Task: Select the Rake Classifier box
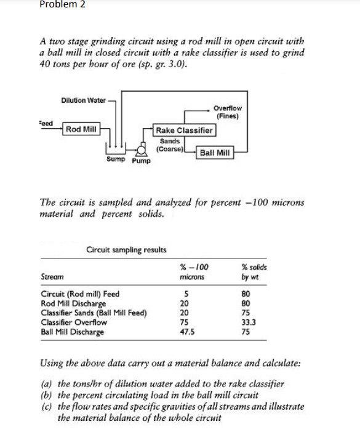coord(184,130)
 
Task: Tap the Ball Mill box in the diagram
coord(215,152)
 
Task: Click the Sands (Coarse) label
coord(169,145)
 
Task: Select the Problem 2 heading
coord(62,5)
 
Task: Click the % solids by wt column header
coord(254,272)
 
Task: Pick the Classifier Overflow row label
coord(73,322)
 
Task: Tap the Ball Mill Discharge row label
coord(72,331)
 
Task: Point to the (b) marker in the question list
coord(44,395)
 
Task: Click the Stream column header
coord(52,278)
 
